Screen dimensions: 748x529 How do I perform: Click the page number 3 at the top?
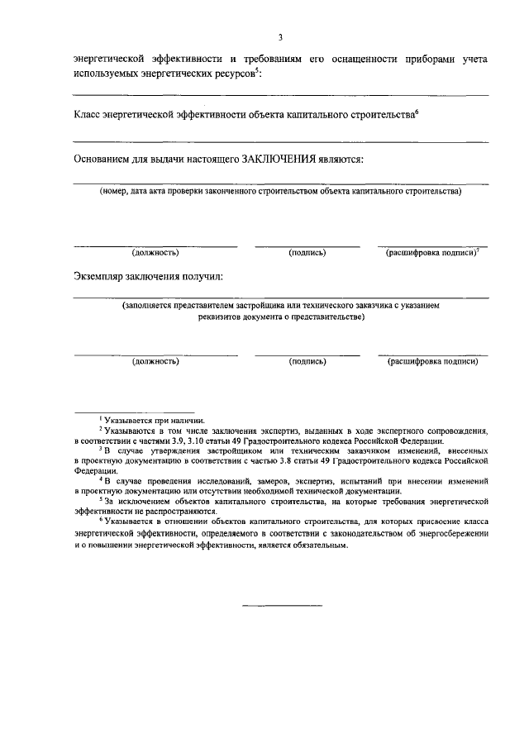[x=280, y=38]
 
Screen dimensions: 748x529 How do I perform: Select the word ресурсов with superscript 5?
[x=235, y=74]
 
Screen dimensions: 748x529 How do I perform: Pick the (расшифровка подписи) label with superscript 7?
[x=431, y=253]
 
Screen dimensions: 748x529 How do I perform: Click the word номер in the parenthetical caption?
[x=117, y=191]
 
